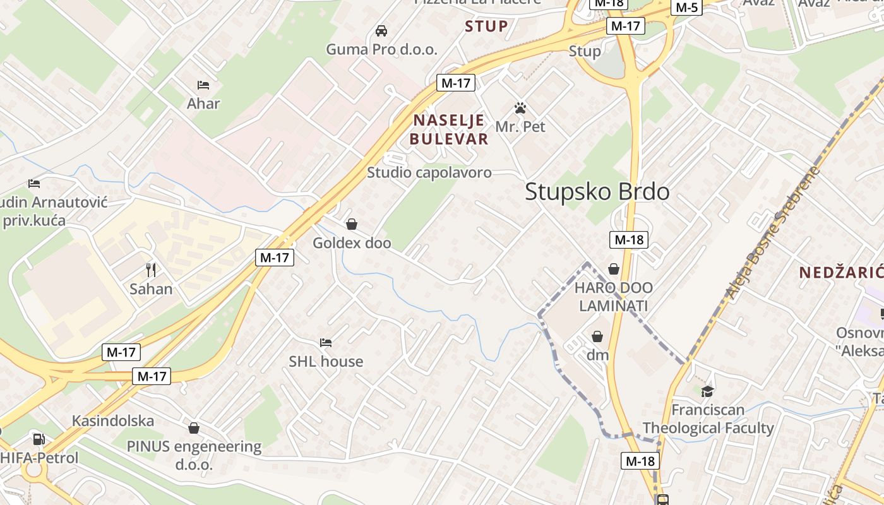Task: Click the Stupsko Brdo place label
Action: point(597,191)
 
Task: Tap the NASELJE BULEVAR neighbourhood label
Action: point(448,129)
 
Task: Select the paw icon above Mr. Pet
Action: point(520,108)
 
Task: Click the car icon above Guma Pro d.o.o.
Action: point(381,30)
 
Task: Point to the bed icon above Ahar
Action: point(203,85)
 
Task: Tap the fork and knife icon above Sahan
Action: point(151,270)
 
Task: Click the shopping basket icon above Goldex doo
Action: point(352,224)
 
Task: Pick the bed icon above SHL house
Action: point(326,343)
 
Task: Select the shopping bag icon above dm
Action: point(597,336)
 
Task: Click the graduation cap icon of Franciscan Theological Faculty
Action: point(707,391)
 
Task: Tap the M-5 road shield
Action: point(686,8)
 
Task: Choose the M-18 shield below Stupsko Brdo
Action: point(629,239)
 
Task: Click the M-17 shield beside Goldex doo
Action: point(275,257)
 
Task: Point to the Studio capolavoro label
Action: point(429,172)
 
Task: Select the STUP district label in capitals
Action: point(486,27)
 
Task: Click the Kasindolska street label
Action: point(113,421)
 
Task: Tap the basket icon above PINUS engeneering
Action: point(194,428)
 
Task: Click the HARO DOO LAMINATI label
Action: point(614,297)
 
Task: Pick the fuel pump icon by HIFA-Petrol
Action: point(39,439)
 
